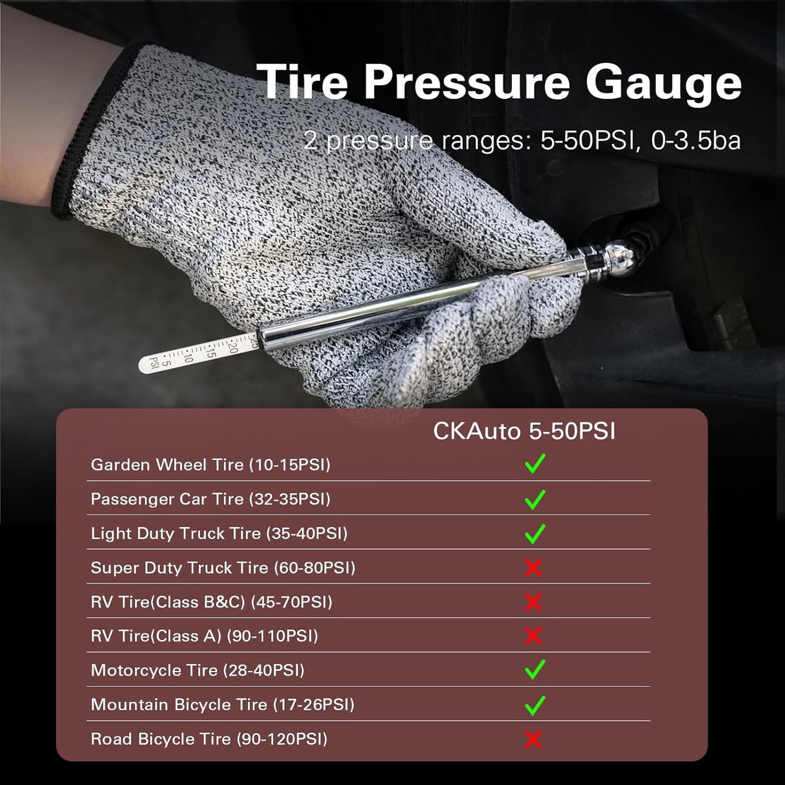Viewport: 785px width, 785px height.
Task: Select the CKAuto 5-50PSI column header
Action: (524, 431)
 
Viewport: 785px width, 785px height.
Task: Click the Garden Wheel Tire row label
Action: (210, 465)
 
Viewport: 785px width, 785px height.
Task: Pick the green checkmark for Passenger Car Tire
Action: (535, 499)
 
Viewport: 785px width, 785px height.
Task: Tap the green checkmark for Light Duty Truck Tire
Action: (535, 533)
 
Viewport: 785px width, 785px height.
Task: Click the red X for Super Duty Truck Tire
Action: (533, 568)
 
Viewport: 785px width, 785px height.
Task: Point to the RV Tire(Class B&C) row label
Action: (211, 602)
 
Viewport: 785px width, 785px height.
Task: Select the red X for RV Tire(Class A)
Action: (533, 636)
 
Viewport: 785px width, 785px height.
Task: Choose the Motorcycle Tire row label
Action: (197, 670)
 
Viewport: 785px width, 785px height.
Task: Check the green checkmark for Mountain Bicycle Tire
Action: (535, 705)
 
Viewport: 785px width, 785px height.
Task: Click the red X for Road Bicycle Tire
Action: (533, 739)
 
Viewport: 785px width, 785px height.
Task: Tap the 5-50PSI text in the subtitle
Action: (587, 141)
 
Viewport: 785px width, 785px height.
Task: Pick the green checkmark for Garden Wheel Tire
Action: (535, 464)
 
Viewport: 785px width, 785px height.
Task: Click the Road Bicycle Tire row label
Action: (209, 739)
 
